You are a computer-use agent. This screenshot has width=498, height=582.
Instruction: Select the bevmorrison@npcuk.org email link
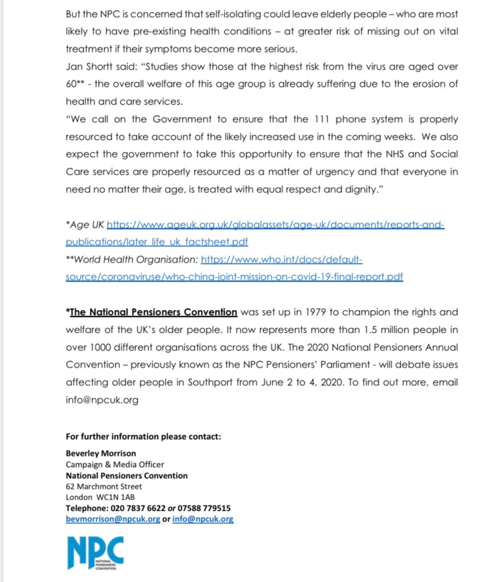[113, 519]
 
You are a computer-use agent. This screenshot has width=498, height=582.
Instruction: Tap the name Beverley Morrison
[101, 453]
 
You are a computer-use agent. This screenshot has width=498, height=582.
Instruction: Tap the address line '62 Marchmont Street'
[104, 486]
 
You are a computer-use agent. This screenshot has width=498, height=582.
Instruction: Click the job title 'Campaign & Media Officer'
[114, 464]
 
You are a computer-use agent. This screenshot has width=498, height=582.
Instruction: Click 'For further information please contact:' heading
[143, 436]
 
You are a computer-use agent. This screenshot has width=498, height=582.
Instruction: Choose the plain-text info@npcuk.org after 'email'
[102, 400]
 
